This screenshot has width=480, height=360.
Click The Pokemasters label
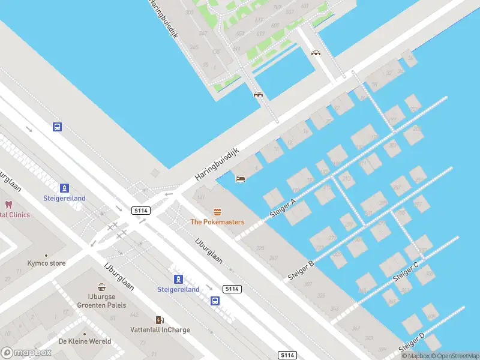pos(217,222)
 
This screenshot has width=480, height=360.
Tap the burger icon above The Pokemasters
pos(217,211)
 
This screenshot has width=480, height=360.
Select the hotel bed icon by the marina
pos(240,179)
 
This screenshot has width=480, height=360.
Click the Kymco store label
pos(46,263)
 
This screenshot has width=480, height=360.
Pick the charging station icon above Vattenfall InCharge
pos(160,320)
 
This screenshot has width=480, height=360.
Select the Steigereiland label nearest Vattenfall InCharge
pos(178,289)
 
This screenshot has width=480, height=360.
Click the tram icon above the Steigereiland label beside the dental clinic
pos(64,188)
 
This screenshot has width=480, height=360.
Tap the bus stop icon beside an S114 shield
pos(214,301)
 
